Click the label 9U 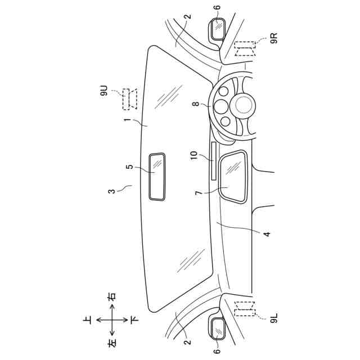[105, 91]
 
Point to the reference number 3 [112, 191]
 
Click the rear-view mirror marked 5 [157, 176]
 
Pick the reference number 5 [129, 167]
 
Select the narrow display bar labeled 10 [214, 160]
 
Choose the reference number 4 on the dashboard [267, 233]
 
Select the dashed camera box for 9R [245, 49]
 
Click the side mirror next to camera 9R [218, 28]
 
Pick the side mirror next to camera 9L [218, 327]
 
